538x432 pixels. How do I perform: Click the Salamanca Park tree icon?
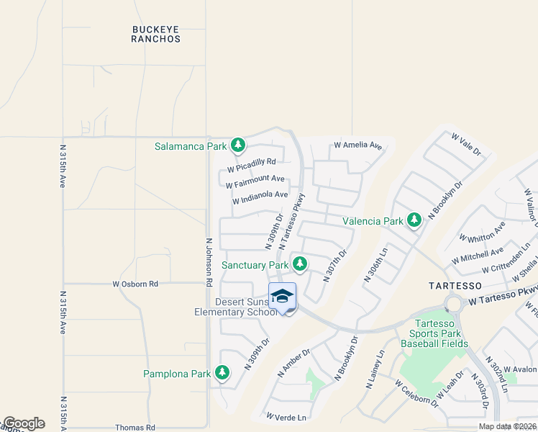(238, 146)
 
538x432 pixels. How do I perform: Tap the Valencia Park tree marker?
(414, 220)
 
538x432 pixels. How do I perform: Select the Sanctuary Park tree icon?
(299, 264)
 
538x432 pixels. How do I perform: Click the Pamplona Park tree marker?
(223, 373)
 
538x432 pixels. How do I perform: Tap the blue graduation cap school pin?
(283, 297)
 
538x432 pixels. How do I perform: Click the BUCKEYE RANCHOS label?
(156, 35)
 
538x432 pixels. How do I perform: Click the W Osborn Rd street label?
(134, 284)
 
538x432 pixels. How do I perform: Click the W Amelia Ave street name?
(357, 145)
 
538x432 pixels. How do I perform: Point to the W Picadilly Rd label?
(251, 166)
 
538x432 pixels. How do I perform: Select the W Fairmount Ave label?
(255, 181)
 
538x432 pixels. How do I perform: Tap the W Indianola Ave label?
(260, 199)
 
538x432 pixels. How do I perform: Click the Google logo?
(23, 423)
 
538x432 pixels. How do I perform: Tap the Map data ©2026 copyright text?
(507, 426)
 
